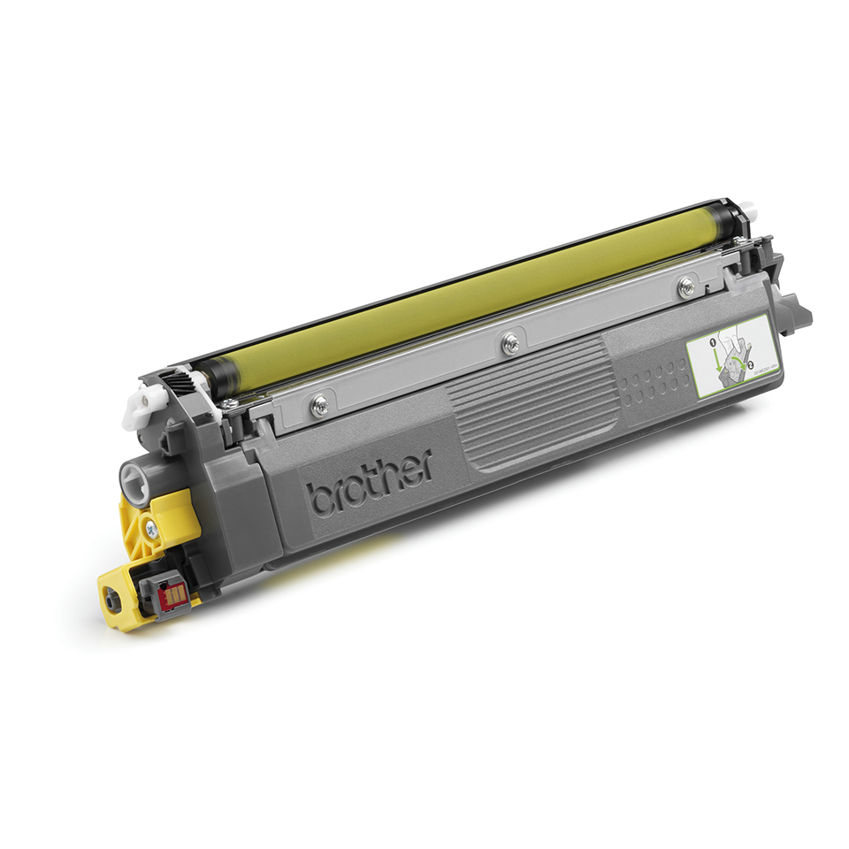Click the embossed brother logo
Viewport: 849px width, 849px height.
tap(370, 482)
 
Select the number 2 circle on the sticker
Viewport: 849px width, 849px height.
tap(749, 364)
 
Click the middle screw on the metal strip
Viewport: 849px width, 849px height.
tap(509, 344)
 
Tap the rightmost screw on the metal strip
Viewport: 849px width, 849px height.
tap(685, 285)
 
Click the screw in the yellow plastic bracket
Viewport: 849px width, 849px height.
tap(151, 528)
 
